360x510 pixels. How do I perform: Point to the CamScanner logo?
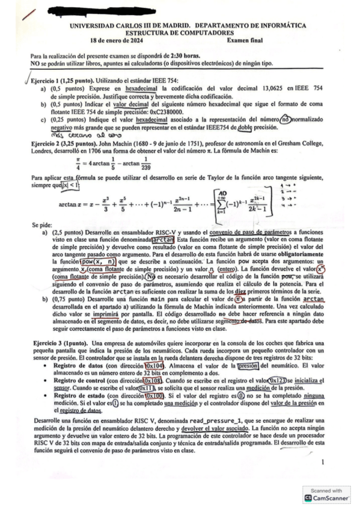(x=309, y=497)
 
